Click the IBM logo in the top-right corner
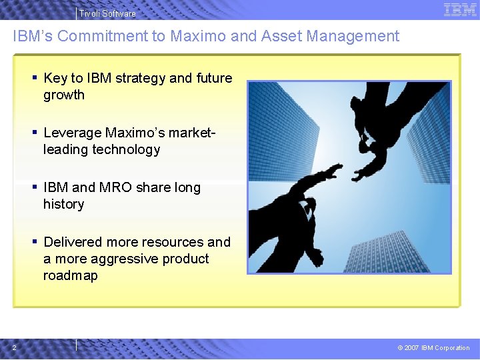click(x=459, y=9)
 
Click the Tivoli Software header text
click(x=107, y=13)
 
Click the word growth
click(x=64, y=95)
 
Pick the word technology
click(x=127, y=150)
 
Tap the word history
click(x=63, y=205)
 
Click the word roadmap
click(x=70, y=276)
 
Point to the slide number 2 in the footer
click(x=14, y=347)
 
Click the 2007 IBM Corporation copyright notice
click(x=433, y=347)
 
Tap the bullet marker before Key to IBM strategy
click(x=34, y=78)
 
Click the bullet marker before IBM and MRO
click(x=34, y=187)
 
